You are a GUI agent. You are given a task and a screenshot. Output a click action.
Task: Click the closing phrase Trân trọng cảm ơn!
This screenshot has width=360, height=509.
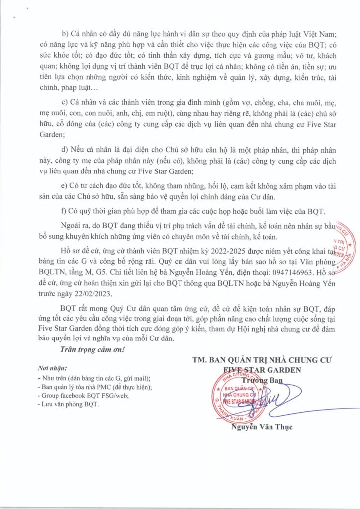point(92,350)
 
